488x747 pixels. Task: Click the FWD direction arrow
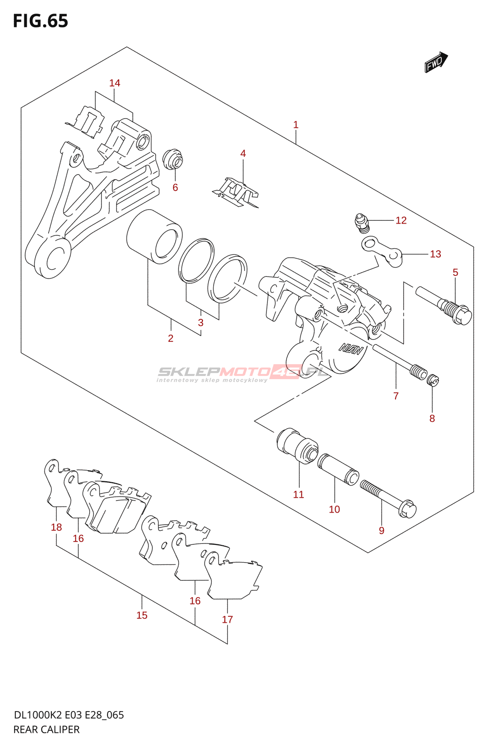click(x=436, y=62)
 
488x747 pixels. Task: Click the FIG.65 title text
click(x=41, y=21)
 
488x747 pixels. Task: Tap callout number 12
click(x=401, y=220)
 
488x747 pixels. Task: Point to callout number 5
click(x=455, y=272)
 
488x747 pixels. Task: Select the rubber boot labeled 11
click(x=297, y=446)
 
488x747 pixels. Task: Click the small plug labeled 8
click(x=434, y=381)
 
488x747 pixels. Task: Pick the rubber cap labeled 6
click(x=173, y=159)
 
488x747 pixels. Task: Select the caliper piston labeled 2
click(x=154, y=236)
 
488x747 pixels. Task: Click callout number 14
click(x=115, y=83)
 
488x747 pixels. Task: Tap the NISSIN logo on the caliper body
click(x=350, y=348)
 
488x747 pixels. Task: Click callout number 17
click(x=227, y=620)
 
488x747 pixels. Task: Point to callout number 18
click(x=56, y=527)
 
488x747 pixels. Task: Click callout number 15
click(x=142, y=615)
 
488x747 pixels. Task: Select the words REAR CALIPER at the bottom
click(x=46, y=729)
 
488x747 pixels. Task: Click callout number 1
click(x=295, y=125)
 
